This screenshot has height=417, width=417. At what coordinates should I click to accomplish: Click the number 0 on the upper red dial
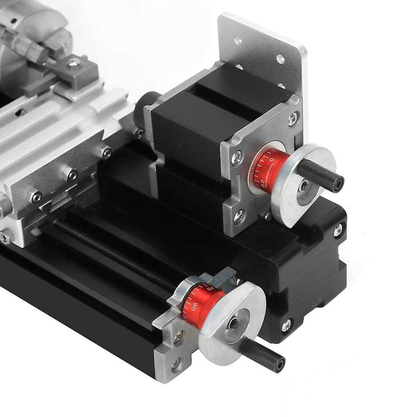pyautogui.click(x=272, y=159)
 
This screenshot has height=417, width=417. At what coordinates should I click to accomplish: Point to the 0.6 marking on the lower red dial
pyautogui.click(x=194, y=306)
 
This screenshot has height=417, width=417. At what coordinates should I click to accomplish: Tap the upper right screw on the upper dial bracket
pyautogui.click(x=293, y=118)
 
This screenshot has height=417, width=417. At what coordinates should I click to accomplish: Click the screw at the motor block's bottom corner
pyautogui.click(x=286, y=325)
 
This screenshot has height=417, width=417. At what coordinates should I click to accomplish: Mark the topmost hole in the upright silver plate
pyautogui.click(x=238, y=41)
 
